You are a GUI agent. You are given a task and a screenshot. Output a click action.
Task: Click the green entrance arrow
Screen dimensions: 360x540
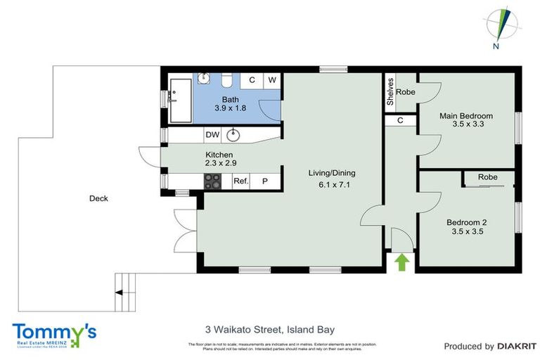click(x=401, y=262)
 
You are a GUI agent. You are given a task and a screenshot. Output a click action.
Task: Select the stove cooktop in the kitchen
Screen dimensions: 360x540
click(x=212, y=181)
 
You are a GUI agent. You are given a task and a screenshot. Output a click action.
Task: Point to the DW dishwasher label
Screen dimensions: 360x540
click(x=212, y=134)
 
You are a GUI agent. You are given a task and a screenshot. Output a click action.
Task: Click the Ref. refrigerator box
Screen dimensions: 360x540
click(x=241, y=181)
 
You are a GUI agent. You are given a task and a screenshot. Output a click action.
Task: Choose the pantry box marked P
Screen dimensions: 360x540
click(x=266, y=181)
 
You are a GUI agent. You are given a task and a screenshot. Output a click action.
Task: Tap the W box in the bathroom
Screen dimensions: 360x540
click(x=271, y=80)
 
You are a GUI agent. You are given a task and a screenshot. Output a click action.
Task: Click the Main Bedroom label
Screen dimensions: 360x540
click(x=465, y=115)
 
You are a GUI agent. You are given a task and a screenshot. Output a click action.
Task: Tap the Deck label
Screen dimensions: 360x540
click(x=98, y=198)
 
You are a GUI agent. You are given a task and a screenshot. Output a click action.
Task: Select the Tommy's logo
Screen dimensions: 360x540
click(x=53, y=335)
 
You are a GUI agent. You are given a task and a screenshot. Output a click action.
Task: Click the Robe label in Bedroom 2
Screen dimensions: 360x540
click(x=488, y=177)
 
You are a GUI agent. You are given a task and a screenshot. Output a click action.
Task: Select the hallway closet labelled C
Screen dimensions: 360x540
click(x=400, y=120)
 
